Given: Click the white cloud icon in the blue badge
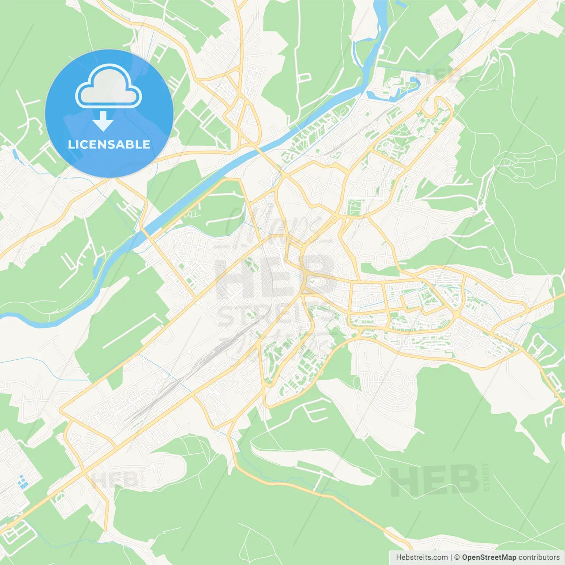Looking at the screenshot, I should pyautogui.click(x=109, y=87).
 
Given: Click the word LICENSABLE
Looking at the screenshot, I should pyautogui.click(x=109, y=145).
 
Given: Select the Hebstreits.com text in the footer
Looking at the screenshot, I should pyautogui.click(x=422, y=557).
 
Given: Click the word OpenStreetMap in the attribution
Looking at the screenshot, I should pyautogui.click(x=489, y=557).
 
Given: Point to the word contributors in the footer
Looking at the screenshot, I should pyautogui.click(x=539, y=557).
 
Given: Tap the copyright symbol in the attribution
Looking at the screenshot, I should pyautogui.click(x=457, y=557).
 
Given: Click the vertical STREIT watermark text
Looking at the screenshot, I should pyautogui.click(x=486, y=477).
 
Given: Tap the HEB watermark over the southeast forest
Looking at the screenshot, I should pyautogui.click(x=435, y=480).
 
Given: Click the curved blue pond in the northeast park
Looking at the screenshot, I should pyautogui.click(x=414, y=84).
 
